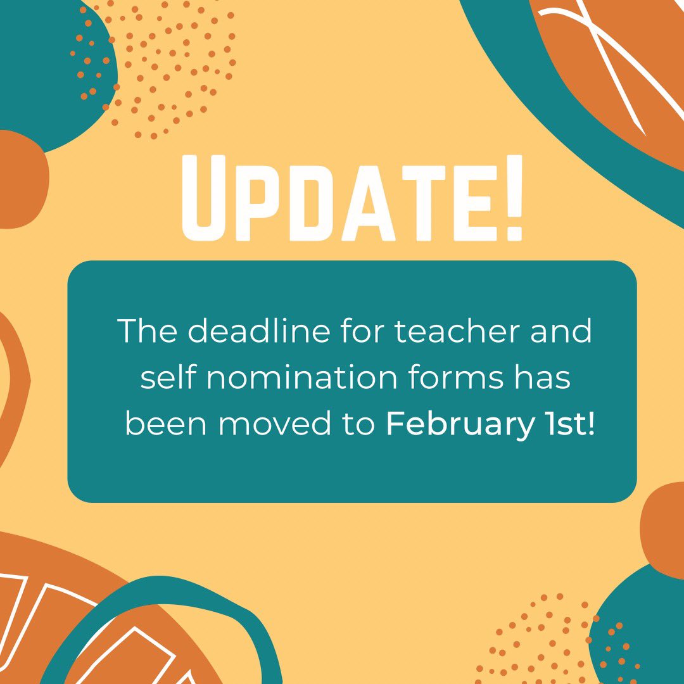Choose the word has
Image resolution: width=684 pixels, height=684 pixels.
(x=546, y=378)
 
